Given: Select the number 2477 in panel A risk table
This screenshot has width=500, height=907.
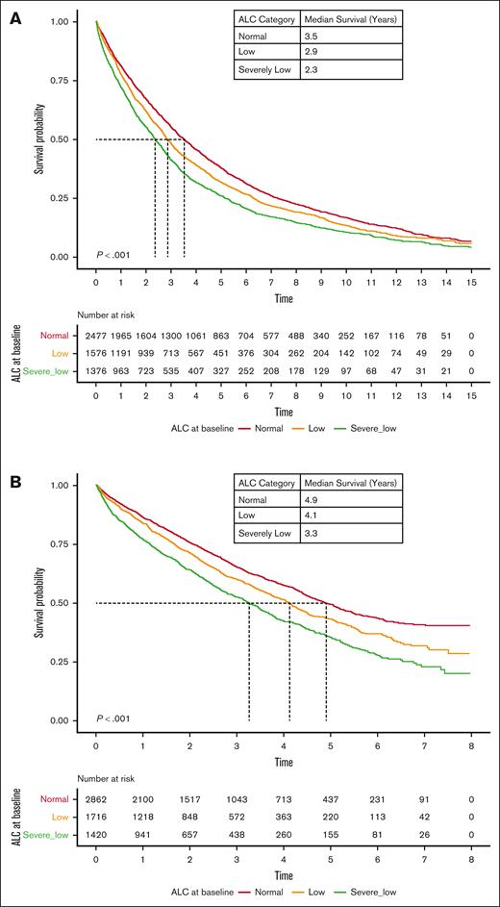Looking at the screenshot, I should pos(96,335).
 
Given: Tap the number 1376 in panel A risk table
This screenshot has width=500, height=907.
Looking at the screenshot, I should pos(96,369).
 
